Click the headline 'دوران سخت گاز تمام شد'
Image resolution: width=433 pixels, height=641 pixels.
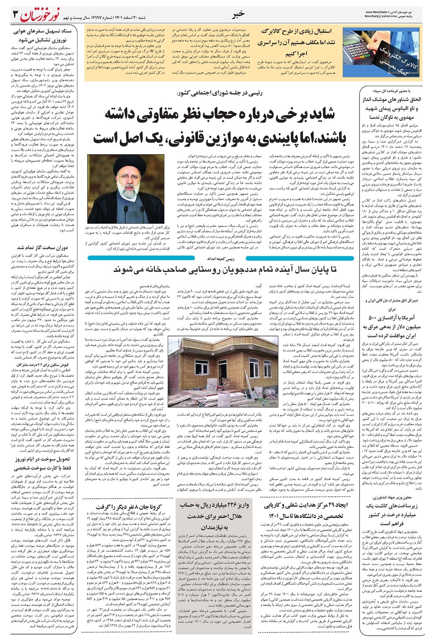(x=42, y=248)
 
